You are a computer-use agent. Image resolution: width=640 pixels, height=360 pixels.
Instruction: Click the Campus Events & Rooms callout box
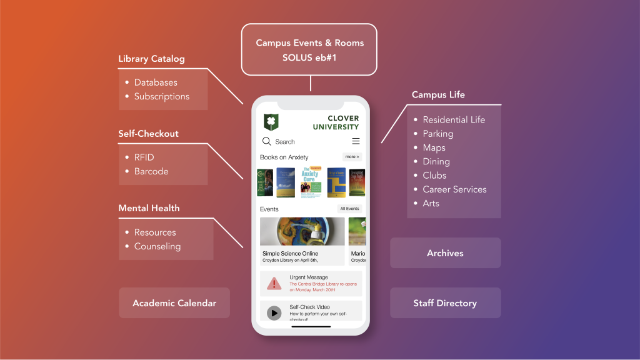pos(309,49)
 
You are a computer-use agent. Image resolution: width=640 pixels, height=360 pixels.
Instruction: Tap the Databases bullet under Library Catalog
pos(155,82)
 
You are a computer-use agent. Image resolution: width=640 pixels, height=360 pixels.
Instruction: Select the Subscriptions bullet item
pos(161,96)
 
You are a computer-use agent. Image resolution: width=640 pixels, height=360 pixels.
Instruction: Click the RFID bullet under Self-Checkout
pos(144,157)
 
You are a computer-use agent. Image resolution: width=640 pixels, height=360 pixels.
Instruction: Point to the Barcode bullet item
pos(151,171)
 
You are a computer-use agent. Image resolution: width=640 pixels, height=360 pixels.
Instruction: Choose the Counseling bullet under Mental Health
pos(157,246)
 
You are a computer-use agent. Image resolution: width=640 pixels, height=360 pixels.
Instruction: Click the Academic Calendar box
pos(174,303)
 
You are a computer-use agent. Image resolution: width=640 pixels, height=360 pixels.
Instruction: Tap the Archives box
pos(445,253)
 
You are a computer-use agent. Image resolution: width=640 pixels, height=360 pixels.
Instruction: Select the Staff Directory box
pos(445,303)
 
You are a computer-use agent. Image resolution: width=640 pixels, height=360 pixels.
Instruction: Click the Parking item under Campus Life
pos(437,134)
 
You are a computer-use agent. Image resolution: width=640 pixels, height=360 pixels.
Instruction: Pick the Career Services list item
pos(454,189)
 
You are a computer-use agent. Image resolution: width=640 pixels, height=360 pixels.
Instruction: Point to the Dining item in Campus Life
pos(436,161)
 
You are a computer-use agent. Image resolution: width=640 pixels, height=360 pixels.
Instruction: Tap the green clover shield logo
pos(271,122)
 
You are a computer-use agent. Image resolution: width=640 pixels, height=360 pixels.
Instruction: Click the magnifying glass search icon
pos(267,141)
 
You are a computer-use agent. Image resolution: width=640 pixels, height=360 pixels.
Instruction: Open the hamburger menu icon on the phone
pos(356,141)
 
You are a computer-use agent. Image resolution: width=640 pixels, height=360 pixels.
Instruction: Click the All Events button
pos(349,209)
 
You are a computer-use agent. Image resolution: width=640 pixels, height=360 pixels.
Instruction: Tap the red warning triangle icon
pos(274,283)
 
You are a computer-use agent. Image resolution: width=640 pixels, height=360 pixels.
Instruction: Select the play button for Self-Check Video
pos(274,312)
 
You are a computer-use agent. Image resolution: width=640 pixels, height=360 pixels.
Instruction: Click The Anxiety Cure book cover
pos(311,182)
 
